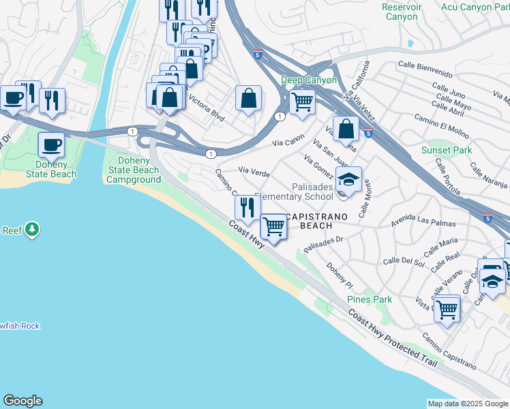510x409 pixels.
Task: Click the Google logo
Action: tap(22, 401)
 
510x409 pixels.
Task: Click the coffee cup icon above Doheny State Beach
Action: tap(52, 145)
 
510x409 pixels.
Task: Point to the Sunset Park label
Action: tap(446, 150)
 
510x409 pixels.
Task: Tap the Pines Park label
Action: tap(370, 299)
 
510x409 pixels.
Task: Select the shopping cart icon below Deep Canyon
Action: tap(301, 103)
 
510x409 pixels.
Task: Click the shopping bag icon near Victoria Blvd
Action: tap(249, 98)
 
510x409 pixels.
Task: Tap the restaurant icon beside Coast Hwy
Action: tap(247, 207)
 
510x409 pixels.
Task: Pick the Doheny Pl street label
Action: tap(339, 276)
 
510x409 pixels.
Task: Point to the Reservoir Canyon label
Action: tap(402, 12)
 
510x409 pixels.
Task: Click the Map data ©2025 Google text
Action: tap(467, 403)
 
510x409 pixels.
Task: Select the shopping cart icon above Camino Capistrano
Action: tap(447, 309)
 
